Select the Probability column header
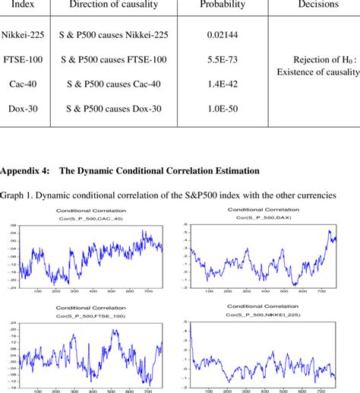222,5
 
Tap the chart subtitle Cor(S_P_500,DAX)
261,217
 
